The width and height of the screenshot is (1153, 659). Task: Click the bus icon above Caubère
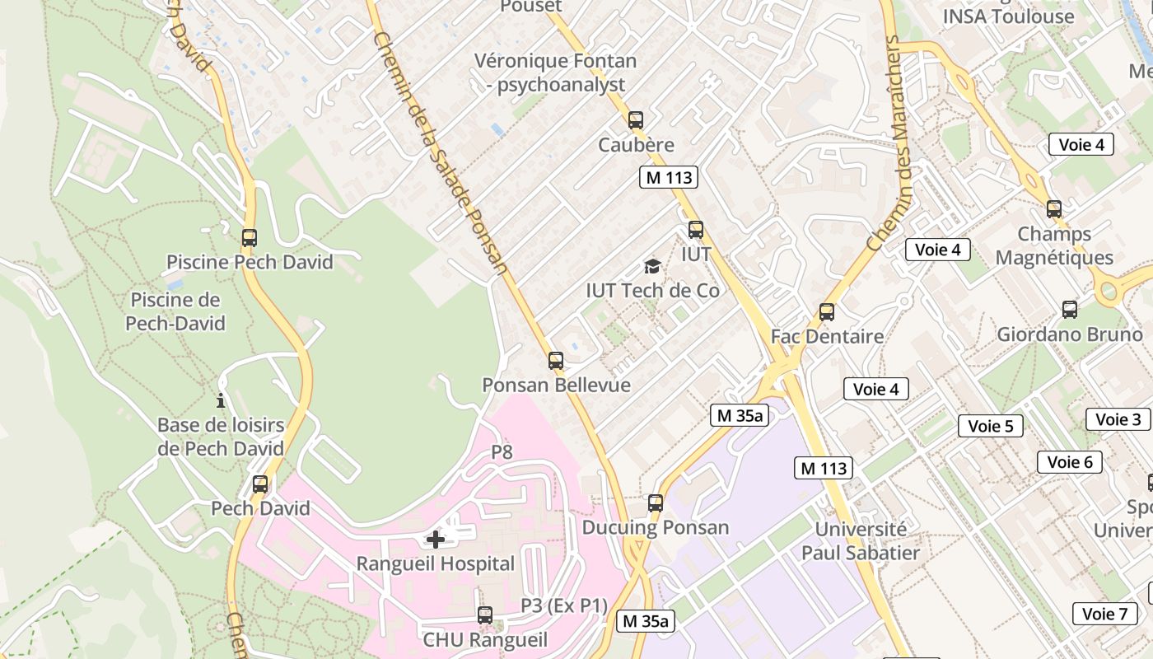(x=635, y=120)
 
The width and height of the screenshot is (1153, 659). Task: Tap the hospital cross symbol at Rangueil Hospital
(x=436, y=540)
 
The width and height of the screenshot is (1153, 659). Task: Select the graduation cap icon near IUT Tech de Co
(x=652, y=266)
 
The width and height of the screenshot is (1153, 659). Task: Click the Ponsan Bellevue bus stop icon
(x=556, y=361)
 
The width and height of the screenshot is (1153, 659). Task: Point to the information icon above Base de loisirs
(x=221, y=401)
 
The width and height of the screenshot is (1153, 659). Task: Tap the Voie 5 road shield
(x=990, y=426)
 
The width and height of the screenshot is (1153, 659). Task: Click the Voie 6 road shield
(x=1069, y=462)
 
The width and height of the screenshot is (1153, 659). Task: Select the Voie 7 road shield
(x=1104, y=614)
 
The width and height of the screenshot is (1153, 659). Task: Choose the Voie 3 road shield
(x=1118, y=419)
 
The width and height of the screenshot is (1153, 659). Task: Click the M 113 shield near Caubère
(x=668, y=177)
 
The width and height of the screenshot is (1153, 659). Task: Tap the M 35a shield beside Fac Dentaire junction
(x=739, y=416)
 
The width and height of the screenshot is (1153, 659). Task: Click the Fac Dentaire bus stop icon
(x=827, y=312)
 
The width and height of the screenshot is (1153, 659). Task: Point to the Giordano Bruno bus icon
(x=1069, y=310)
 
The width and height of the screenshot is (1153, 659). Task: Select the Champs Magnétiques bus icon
(x=1053, y=209)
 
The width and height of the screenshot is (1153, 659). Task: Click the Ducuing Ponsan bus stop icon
(x=656, y=502)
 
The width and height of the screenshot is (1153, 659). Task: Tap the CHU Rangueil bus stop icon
(x=485, y=615)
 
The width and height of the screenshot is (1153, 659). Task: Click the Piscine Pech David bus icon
(x=250, y=238)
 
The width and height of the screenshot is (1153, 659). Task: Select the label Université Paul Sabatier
(x=860, y=540)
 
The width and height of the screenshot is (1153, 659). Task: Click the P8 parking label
(x=502, y=452)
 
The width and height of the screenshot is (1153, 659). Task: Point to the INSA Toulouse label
(x=1008, y=16)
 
